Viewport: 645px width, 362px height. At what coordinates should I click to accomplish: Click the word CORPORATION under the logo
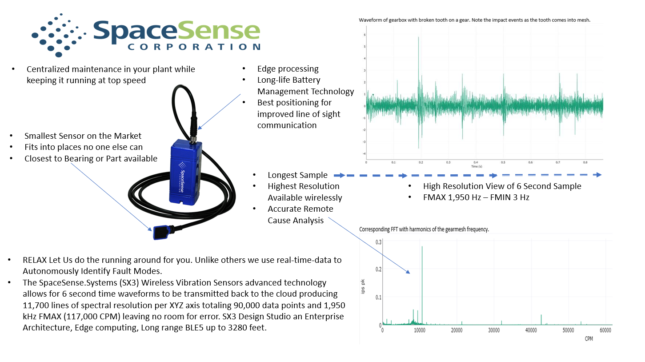[x=194, y=47]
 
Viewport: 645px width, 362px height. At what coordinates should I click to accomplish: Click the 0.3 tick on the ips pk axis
[x=378, y=242]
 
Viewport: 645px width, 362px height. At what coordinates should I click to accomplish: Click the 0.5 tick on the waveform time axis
[x=503, y=163]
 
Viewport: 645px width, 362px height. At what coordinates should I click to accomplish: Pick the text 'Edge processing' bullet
[x=288, y=69]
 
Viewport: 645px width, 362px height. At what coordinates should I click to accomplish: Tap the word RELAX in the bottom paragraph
[x=35, y=260]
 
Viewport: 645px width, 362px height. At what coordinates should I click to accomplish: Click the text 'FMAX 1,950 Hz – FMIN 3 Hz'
[x=476, y=197]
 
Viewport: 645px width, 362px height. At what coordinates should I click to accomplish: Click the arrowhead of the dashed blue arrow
[x=598, y=175]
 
